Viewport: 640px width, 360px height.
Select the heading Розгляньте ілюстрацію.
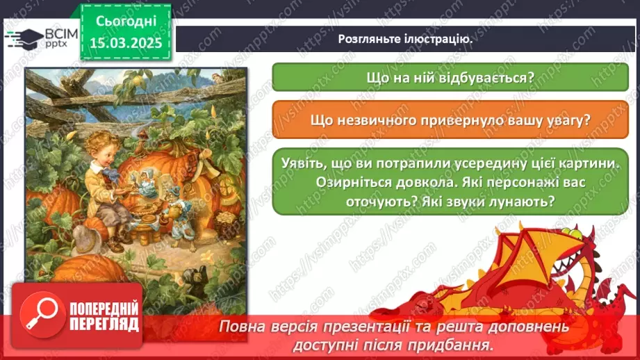tap(405, 39)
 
